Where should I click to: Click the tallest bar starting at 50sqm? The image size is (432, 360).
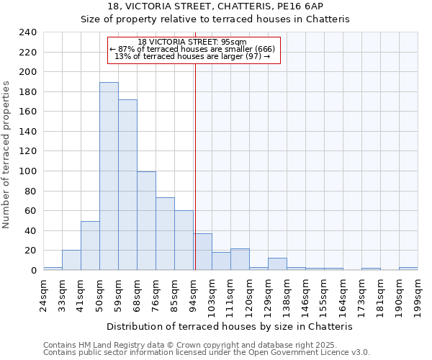[x=109, y=176]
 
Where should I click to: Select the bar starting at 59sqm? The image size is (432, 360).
[x=127, y=185]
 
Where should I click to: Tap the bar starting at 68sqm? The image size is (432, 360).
[x=146, y=221]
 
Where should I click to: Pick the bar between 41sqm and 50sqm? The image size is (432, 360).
[x=90, y=246]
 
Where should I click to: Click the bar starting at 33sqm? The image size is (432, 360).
[x=71, y=260]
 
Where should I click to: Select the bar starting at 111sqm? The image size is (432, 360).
[x=240, y=259]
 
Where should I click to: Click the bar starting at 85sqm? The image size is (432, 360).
[x=184, y=240]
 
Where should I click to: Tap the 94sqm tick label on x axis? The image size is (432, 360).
[x=194, y=295]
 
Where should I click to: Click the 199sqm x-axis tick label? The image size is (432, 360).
[x=418, y=295]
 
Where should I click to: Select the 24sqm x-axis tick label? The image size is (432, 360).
[x=44, y=295]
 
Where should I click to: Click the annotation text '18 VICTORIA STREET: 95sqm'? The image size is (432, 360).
[x=192, y=42]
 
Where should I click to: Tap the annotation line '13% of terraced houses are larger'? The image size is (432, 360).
[x=192, y=56]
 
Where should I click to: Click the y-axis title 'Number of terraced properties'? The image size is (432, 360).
[x=6, y=154]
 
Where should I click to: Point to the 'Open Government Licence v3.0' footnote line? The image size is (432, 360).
[x=207, y=352]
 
